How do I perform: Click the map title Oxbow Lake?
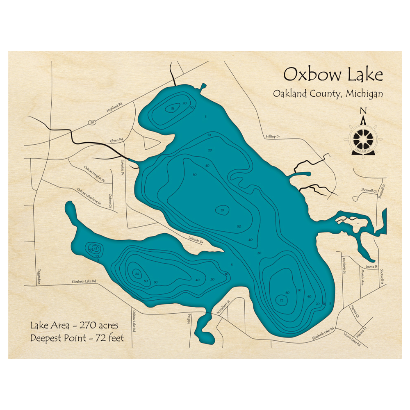[333, 75]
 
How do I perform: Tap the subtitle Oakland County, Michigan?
[328, 93]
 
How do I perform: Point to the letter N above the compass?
[363, 110]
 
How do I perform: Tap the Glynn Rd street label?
[116, 141]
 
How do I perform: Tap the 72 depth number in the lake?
[282, 301]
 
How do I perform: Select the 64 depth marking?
[137, 273]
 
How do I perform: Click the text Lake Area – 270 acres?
[74, 326]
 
